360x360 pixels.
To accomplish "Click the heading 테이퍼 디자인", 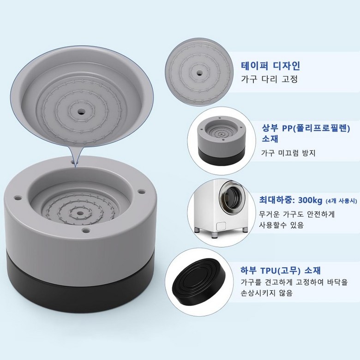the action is (270, 66).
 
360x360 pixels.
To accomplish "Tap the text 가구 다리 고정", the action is (270, 79).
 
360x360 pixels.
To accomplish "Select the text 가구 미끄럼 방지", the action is (288, 153).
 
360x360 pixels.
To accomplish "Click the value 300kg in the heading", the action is (310, 200).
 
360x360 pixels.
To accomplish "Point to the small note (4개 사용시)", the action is (342, 201).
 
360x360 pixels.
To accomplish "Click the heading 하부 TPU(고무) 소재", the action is (280, 270).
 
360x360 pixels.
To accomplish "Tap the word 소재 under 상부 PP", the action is (270, 139).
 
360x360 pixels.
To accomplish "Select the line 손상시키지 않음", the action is (267, 293).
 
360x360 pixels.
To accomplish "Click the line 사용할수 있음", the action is (281, 225).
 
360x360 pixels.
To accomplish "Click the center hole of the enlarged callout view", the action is (81, 113).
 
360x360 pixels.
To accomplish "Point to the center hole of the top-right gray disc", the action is (199, 73).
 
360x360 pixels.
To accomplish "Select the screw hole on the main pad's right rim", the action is (141, 191).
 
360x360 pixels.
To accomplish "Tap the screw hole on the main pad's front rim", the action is (86, 229).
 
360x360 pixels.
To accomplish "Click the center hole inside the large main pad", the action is (80, 213).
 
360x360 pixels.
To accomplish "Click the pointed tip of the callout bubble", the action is (75, 167).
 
